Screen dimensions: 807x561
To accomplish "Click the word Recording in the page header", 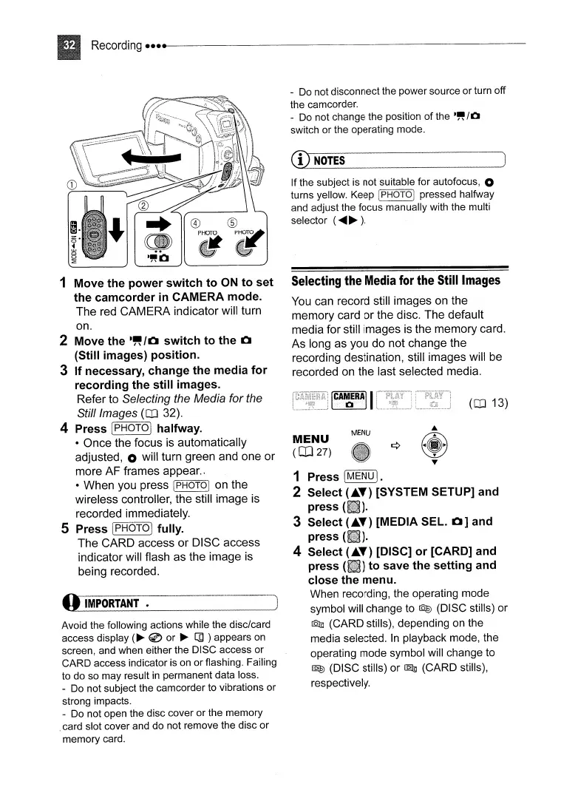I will pyautogui.click(x=117, y=45).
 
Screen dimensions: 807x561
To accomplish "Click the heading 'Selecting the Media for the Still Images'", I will pyautogui.click(x=396, y=280).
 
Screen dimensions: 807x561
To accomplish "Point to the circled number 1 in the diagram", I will pyautogui.click(x=72, y=184).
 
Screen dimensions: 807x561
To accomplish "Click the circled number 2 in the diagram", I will pyautogui.click(x=143, y=205).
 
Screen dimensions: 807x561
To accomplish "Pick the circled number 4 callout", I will pyautogui.click(x=195, y=224).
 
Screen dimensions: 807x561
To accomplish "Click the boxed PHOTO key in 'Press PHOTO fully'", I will pyautogui.click(x=132, y=528).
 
